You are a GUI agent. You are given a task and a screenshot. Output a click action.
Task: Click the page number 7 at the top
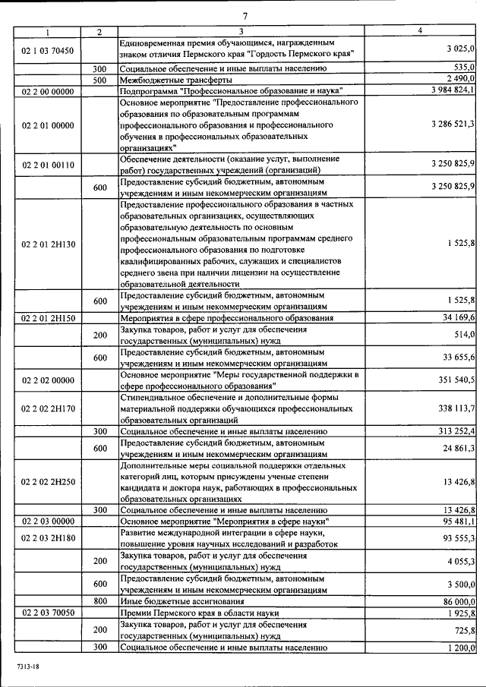[x=245, y=17]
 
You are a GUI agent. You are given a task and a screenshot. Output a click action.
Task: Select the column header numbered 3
[x=240, y=31]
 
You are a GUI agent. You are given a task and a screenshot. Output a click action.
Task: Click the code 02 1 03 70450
[x=48, y=51]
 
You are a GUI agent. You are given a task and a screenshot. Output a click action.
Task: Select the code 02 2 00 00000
[x=48, y=90]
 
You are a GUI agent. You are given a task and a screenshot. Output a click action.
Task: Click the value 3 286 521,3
[x=452, y=124]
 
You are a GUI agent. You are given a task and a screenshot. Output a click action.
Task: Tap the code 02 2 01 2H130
[x=48, y=243]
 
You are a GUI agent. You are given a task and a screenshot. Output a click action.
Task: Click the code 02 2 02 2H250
[x=48, y=481]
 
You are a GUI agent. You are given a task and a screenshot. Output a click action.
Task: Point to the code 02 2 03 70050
[x=48, y=612]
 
